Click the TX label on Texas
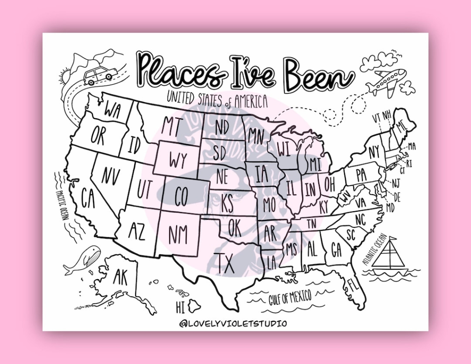click(226, 263)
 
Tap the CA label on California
click(88, 197)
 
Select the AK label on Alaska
click(120, 277)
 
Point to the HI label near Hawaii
click(180, 306)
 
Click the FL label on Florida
click(353, 284)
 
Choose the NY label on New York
click(374, 151)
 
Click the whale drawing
click(83, 260)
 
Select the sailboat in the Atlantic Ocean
click(389, 254)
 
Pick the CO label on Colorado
click(182, 196)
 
